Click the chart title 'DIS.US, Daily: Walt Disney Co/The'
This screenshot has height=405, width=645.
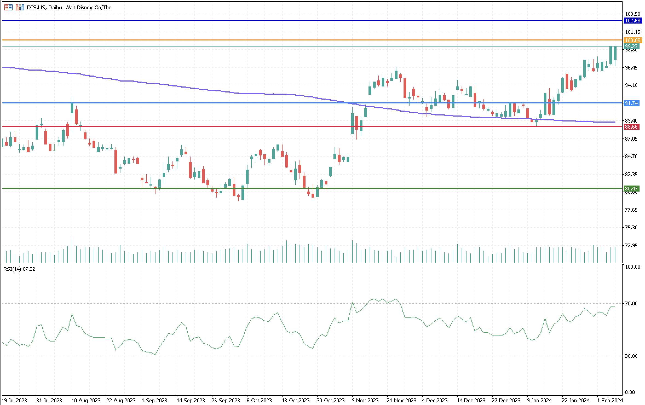coord(69,7)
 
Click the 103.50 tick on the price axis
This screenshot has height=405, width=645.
coord(633,14)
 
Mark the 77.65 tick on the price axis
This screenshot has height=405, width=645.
coord(633,210)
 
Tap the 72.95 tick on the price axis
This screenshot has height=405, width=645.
coord(633,245)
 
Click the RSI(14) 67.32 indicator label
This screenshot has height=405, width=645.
coord(19,269)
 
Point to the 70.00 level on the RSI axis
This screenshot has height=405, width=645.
coord(633,303)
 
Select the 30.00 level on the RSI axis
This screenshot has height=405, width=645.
coord(633,356)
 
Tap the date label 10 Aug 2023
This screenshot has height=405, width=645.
coord(86,401)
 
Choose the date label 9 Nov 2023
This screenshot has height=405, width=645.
coord(365,401)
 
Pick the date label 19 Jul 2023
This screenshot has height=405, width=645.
coord(15,401)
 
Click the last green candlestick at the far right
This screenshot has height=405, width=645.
coord(615,53)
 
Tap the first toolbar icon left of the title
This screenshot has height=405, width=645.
coord(8,7)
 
